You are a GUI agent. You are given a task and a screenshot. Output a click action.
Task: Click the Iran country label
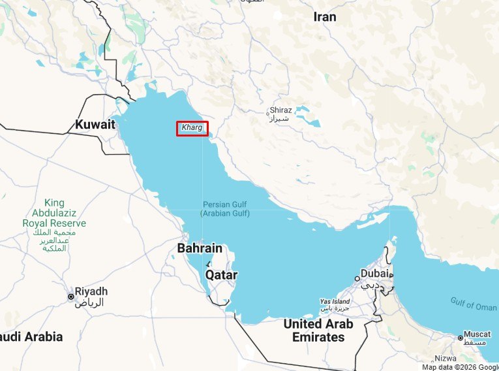click(324, 17)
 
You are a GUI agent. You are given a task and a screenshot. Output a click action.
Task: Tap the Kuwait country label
click(95, 124)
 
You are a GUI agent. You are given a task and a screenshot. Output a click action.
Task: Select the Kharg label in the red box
click(192, 128)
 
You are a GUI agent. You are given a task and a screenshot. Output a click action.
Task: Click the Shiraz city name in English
click(281, 110)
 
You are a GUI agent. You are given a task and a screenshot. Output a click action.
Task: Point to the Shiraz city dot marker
click(267, 114)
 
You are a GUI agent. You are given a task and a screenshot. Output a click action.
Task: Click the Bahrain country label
click(200, 249)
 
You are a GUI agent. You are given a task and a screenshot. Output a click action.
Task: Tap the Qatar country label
click(221, 275)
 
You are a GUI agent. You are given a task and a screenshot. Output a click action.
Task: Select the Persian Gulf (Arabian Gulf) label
click(225, 209)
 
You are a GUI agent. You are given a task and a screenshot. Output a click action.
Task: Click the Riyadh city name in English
click(91, 291)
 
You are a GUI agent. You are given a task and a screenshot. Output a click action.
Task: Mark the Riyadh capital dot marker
click(71, 297)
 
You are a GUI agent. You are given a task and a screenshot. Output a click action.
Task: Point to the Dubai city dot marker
click(357, 278)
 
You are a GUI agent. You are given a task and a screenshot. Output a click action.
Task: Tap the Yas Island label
click(335, 302)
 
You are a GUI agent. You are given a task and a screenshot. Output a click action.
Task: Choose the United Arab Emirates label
click(318, 331)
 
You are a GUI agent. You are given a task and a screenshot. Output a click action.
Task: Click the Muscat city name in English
click(477, 334)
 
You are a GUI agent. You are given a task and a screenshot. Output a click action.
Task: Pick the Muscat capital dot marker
click(461, 338)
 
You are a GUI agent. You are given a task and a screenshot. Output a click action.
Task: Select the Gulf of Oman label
click(473, 304)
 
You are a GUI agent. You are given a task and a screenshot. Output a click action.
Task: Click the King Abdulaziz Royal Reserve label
click(55, 214)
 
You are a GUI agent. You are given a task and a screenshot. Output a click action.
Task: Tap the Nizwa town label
click(445, 359)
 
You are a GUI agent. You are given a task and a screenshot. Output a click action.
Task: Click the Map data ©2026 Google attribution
click(459, 366)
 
